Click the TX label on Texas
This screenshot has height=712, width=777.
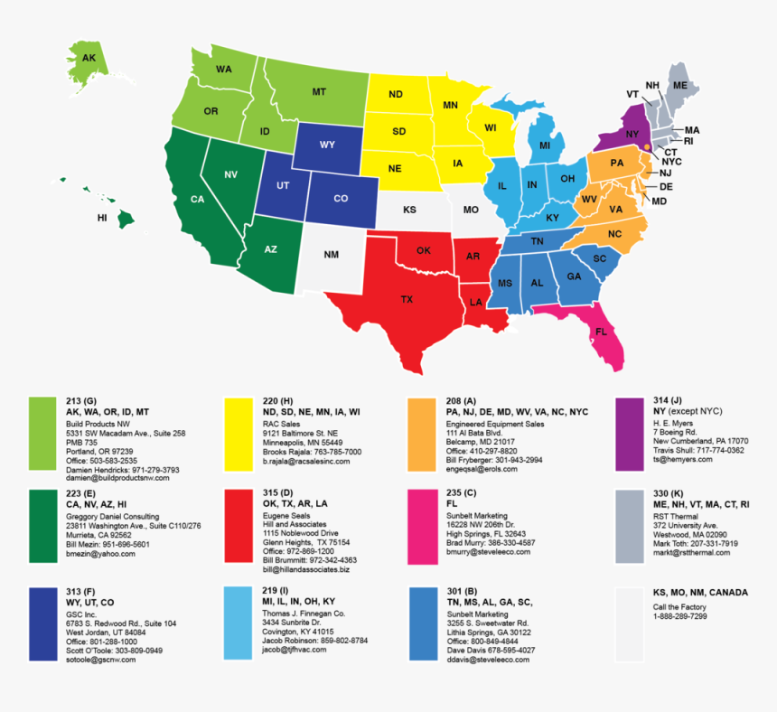(x=407, y=299)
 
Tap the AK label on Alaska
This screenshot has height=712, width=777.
(x=89, y=58)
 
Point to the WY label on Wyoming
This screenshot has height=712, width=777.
(x=328, y=145)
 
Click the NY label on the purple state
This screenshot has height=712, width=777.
(x=632, y=134)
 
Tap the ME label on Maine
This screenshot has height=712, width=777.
(x=680, y=85)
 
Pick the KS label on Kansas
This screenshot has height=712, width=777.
(x=409, y=210)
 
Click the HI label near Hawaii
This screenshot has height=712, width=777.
(x=103, y=218)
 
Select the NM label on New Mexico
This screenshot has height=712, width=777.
(x=332, y=255)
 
